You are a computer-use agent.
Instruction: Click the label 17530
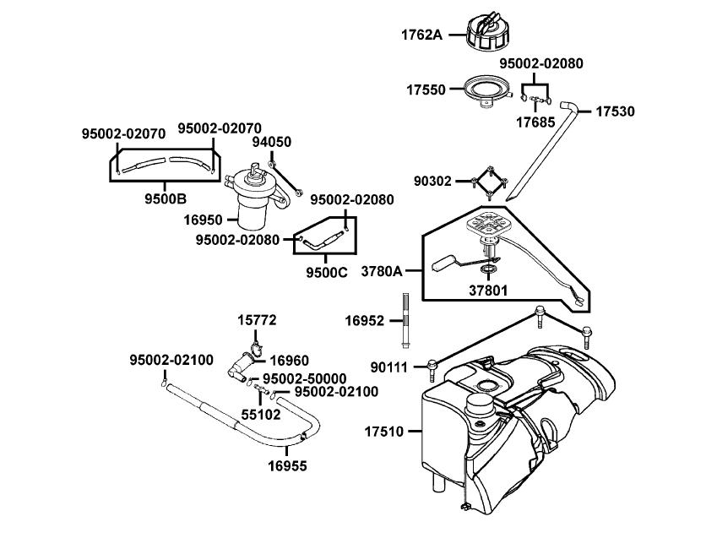616,111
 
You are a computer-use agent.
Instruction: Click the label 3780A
382,272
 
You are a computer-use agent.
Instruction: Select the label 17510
384,431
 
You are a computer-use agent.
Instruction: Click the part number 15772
256,320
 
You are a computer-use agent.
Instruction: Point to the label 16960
289,359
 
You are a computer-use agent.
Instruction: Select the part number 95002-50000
304,378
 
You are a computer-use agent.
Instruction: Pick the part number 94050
273,142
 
